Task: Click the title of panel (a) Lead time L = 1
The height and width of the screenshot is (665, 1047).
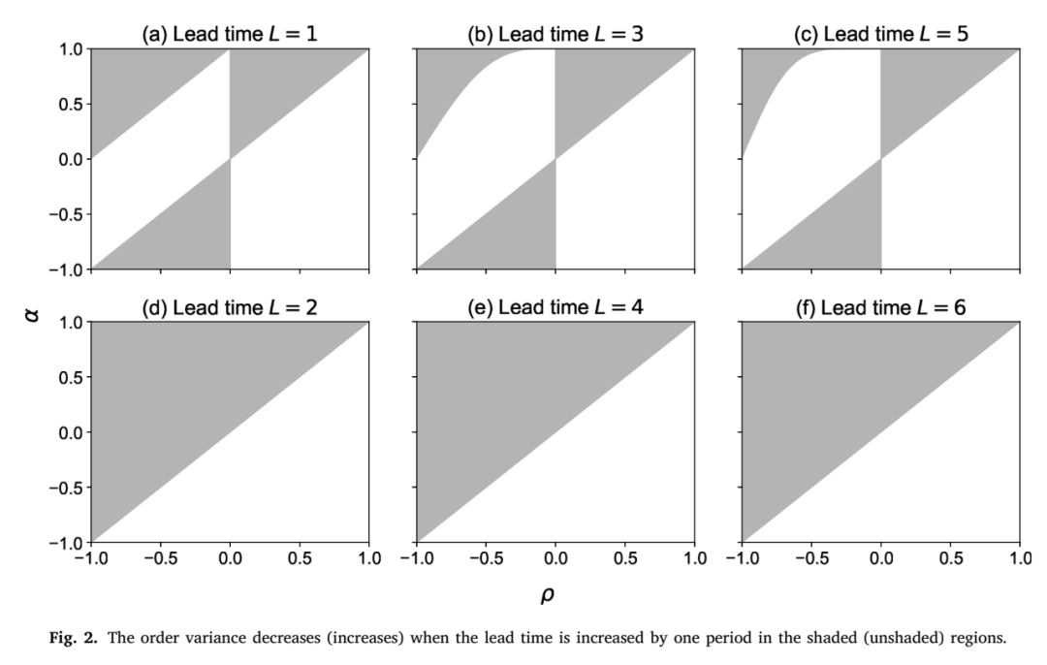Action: tap(230, 34)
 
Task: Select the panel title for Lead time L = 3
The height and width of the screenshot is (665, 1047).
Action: tap(555, 34)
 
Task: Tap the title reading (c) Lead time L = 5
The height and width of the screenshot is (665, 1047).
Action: tap(880, 34)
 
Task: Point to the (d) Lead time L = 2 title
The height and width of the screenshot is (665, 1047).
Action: tap(230, 308)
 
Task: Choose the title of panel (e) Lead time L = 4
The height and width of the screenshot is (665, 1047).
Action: tap(555, 308)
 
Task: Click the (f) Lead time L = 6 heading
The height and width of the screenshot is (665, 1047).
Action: tap(880, 308)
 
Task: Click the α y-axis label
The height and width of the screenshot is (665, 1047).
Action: tap(31, 314)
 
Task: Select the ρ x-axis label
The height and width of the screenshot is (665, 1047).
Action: tap(548, 594)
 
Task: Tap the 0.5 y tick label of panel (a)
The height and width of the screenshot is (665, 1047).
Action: tap(72, 105)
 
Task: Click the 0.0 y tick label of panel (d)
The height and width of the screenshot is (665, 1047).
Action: tap(72, 433)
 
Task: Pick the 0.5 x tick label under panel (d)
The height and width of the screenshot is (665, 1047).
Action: tap(300, 558)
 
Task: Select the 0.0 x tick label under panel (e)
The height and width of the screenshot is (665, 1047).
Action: tap(555, 558)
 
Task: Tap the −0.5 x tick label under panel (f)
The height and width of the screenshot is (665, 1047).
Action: tap(811, 558)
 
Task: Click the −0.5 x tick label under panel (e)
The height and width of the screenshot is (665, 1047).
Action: tap(486, 558)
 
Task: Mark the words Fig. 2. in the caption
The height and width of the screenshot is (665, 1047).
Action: tap(74, 638)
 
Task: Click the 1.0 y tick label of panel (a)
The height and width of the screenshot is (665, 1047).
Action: tap(72, 50)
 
